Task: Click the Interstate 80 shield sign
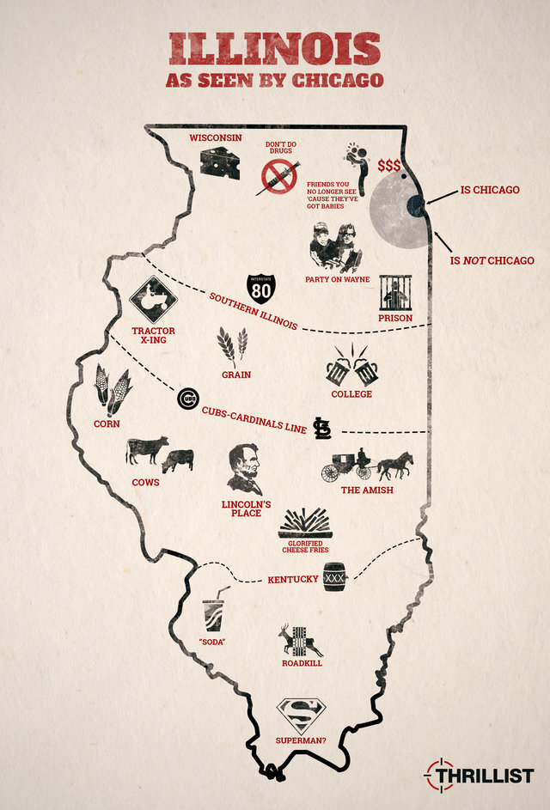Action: [x=263, y=289]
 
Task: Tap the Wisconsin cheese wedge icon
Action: [x=219, y=161]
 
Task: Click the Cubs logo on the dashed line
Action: [x=188, y=399]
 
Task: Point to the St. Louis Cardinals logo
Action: [x=322, y=428]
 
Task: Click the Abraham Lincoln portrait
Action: [x=245, y=469]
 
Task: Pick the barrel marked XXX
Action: [x=334, y=577]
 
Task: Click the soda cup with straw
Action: [x=215, y=611]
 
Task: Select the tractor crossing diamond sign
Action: [x=153, y=300]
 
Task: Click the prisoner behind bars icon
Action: [x=395, y=293]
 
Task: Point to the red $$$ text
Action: [x=389, y=165]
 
